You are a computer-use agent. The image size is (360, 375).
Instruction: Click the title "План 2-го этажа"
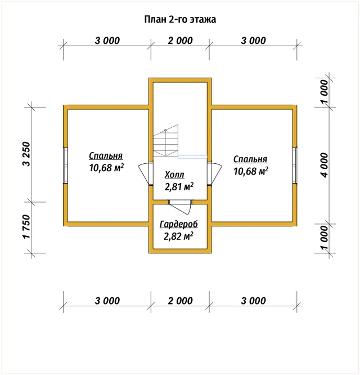click(x=180, y=19)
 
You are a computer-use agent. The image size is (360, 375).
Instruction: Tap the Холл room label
click(x=174, y=175)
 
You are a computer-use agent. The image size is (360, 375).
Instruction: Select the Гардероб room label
click(x=179, y=224)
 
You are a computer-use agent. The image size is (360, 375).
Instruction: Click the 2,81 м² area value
click(x=179, y=186)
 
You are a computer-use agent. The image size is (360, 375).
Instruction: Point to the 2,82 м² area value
click(x=178, y=236)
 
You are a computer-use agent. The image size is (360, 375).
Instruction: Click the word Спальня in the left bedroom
click(x=106, y=156)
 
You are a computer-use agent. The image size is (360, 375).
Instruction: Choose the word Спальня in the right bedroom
click(x=250, y=159)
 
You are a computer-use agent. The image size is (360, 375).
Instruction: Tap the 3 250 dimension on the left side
click(x=26, y=154)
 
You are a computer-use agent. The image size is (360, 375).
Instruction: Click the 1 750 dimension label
click(x=26, y=226)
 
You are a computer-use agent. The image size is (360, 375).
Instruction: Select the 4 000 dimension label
click(x=325, y=165)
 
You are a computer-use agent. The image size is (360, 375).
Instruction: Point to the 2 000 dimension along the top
click(x=180, y=41)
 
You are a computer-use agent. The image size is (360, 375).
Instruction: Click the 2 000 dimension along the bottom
click(x=180, y=301)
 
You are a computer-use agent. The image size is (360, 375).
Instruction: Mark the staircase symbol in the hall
click(x=166, y=141)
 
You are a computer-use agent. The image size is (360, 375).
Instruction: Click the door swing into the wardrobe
click(x=181, y=207)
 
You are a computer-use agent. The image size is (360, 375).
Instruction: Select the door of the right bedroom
click(x=214, y=173)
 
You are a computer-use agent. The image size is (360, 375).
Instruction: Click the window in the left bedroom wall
click(x=65, y=166)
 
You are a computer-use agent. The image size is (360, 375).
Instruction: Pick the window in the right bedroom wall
click(x=295, y=166)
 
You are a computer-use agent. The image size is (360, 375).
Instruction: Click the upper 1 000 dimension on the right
click(x=325, y=92)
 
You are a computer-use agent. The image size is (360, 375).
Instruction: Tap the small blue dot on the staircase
click(x=165, y=130)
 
